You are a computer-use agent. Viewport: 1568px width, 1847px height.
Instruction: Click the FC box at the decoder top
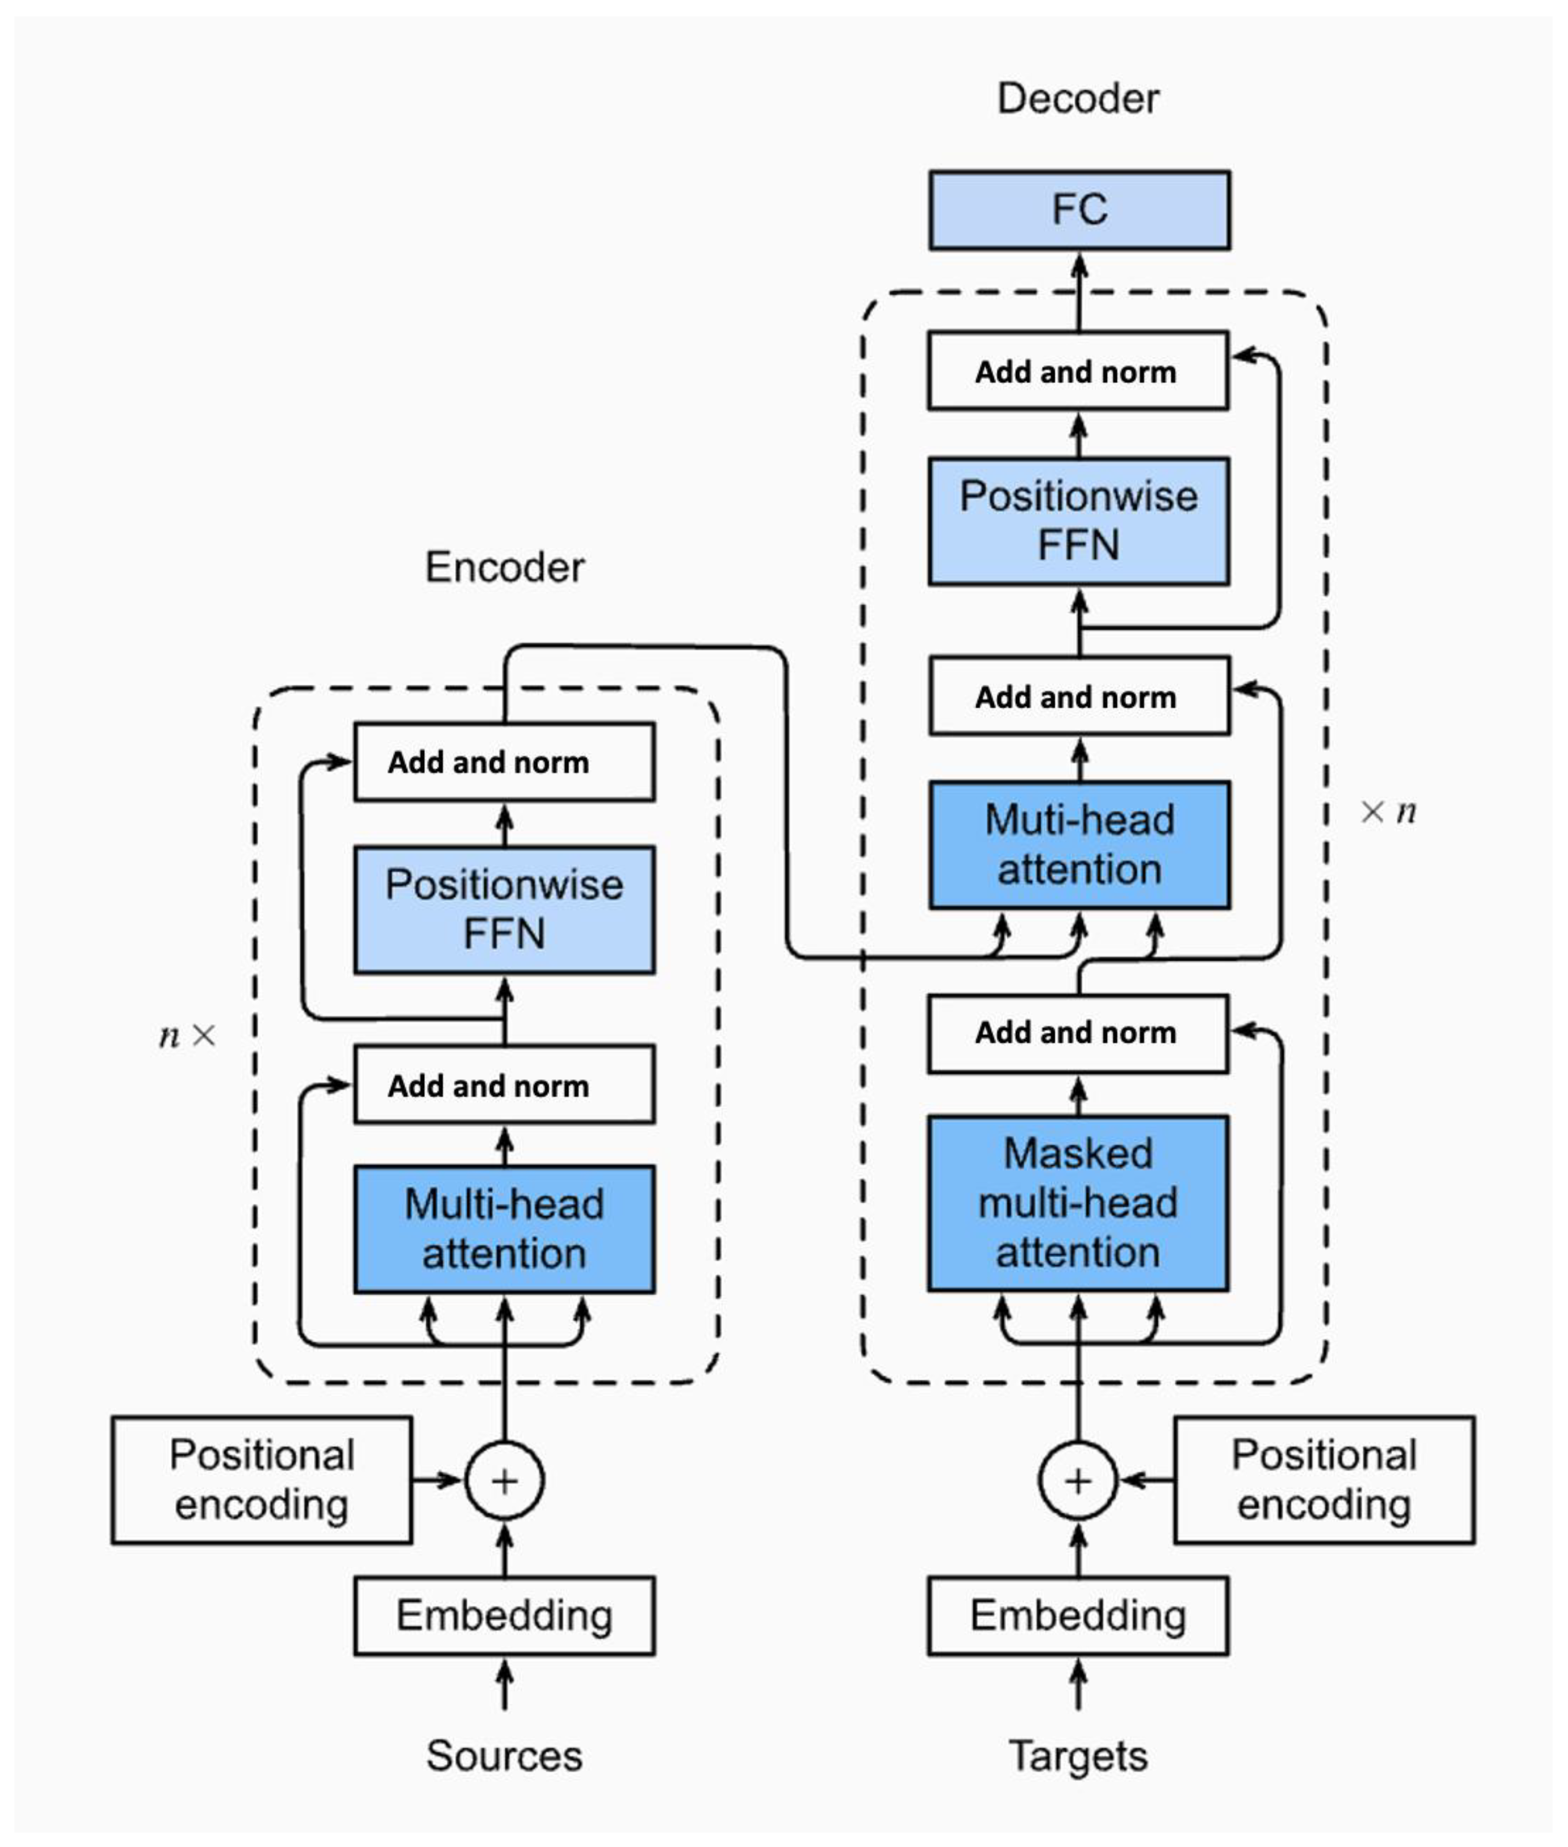tap(1079, 210)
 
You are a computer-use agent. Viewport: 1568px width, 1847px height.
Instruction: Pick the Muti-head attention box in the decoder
tap(1079, 845)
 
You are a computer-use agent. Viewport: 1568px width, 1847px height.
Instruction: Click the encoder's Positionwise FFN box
tap(504, 909)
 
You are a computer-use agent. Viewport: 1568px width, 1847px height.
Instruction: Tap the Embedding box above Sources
tap(504, 1616)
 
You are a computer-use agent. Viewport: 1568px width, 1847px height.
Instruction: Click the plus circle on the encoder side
tap(504, 1481)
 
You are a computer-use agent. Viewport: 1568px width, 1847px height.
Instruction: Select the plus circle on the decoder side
tap(1077, 1481)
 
